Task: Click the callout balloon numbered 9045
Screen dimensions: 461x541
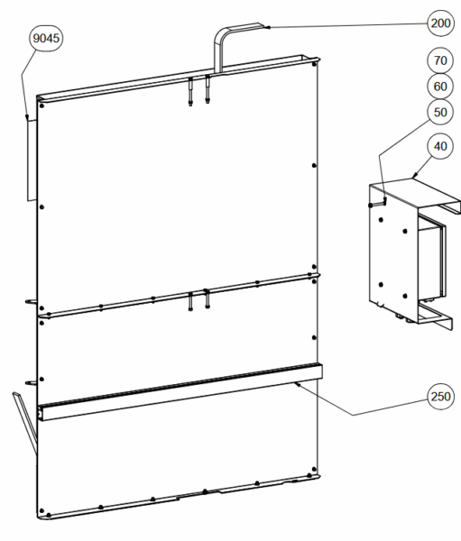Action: point(46,38)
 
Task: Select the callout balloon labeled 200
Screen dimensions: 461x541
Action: point(440,23)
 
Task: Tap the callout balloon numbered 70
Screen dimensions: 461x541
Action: point(440,60)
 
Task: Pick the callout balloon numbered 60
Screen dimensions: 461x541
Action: point(440,87)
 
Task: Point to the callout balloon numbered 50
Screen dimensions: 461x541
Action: point(440,112)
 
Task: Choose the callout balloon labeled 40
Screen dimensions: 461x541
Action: point(440,146)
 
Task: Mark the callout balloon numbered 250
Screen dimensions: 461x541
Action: point(440,397)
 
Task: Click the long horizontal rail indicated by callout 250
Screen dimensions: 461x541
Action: point(180,392)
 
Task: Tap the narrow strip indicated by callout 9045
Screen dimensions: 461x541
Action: point(32,160)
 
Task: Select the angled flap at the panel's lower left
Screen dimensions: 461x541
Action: point(25,422)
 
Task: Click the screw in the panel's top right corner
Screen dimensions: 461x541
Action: point(314,64)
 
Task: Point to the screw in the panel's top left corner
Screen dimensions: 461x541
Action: point(42,105)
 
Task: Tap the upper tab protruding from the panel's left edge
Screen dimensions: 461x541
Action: point(31,301)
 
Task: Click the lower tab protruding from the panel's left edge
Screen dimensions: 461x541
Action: point(31,382)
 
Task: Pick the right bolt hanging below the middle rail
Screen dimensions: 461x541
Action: point(207,298)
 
